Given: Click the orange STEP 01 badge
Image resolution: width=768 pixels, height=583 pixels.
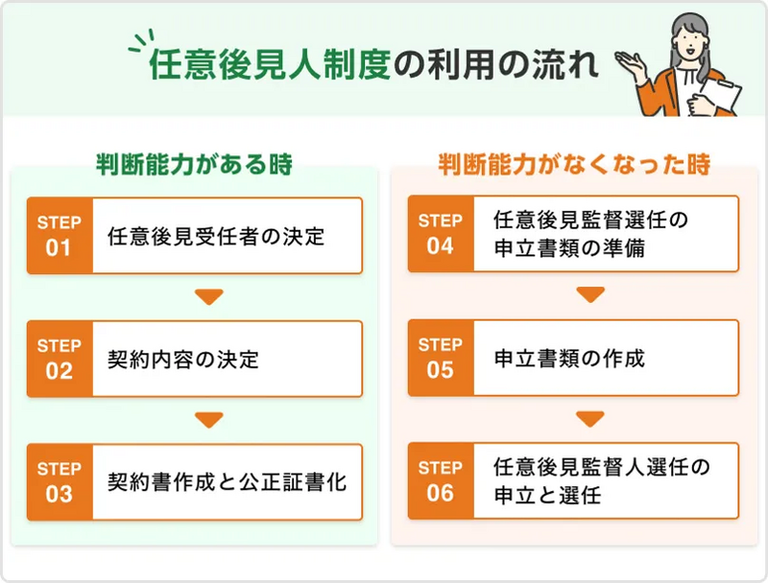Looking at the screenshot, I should coord(60,236).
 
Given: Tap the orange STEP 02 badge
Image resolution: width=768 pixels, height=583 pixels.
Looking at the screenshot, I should coord(60,359).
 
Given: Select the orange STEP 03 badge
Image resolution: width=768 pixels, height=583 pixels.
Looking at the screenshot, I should coord(60,482).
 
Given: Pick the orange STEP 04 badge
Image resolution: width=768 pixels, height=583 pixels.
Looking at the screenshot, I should coord(441,234).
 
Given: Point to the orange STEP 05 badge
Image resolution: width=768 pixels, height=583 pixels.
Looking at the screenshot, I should coord(441,358).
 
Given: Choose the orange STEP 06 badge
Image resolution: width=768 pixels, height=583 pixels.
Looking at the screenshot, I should coord(441,481).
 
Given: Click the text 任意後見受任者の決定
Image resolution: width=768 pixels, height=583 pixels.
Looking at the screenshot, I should coord(216,236).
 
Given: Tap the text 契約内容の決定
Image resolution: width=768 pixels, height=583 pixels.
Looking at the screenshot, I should coord(183,360).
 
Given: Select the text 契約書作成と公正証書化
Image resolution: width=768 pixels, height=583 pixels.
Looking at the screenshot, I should coord(227,482).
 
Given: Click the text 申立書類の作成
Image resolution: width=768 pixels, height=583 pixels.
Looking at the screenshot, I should coord(569,358).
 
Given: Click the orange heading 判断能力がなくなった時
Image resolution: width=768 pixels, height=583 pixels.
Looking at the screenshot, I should coord(574,164).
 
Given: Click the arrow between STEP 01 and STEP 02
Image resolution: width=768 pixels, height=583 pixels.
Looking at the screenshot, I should coord(208,297).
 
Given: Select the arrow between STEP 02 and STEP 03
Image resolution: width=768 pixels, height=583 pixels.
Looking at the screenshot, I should coord(208,420).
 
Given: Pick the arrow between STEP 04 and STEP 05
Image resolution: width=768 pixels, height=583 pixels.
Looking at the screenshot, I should coord(590,295).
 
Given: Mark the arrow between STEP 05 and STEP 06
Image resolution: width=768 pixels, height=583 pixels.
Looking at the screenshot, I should coord(590,419).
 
